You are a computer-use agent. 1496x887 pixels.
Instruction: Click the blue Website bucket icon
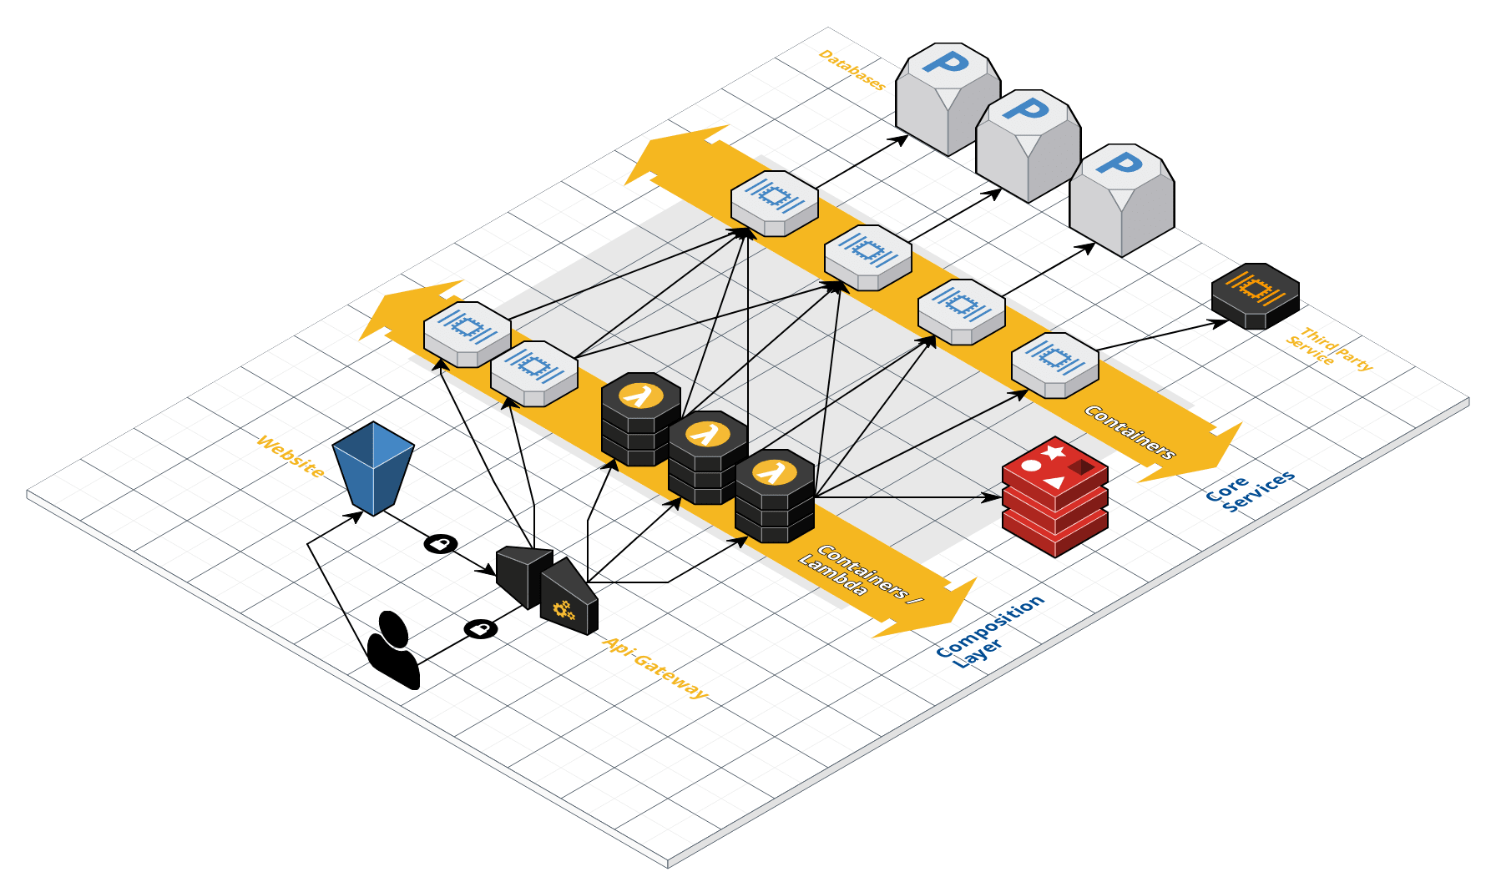click(373, 467)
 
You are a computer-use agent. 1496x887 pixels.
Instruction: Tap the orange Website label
click(290, 456)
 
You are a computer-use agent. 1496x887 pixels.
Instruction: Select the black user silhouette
click(393, 651)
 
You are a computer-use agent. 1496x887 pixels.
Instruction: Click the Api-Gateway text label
click(655, 668)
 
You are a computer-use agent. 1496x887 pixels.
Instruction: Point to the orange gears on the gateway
click(564, 610)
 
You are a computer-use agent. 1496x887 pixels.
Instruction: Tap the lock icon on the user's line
click(480, 628)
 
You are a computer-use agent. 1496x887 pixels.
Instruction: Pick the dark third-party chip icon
click(1255, 295)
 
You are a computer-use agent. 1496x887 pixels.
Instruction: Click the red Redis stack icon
click(1055, 496)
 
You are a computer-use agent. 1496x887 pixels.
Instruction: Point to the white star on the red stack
click(1054, 452)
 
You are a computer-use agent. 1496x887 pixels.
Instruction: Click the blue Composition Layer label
click(989, 632)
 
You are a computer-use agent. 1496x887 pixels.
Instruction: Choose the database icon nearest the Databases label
click(948, 98)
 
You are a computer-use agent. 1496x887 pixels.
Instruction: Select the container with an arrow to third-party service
click(1054, 365)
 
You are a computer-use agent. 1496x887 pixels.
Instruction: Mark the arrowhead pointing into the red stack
click(993, 497)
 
